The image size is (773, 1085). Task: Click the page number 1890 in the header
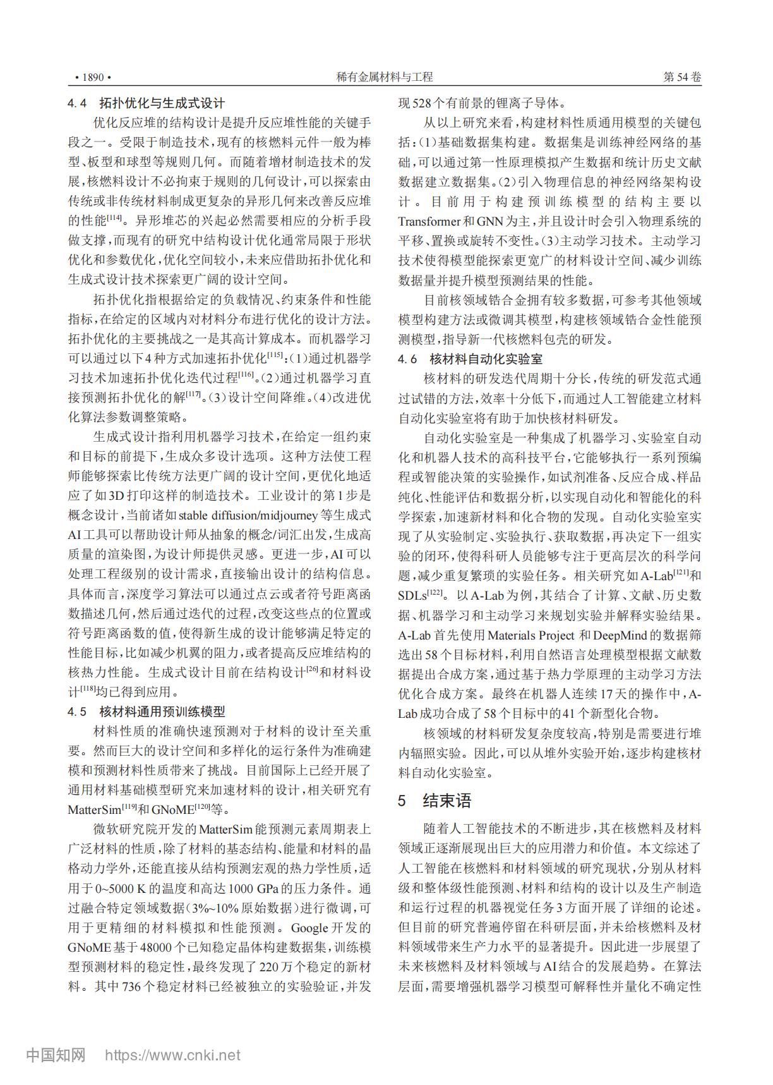(x=92, y=77)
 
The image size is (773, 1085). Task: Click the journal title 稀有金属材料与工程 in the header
(x=385, y=77)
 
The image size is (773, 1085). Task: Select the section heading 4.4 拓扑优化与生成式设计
(x=147, y=102)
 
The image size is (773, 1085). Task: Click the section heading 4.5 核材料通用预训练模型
(x=147, y=712)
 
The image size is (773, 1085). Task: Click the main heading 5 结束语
(x=435, y=801)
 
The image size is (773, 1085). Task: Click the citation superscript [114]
(x=116, y=219)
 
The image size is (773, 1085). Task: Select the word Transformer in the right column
(x=429, y=221)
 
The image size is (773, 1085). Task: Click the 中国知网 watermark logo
(x=56, y=1055)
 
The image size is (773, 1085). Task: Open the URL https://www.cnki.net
(x=172, y=1055)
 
